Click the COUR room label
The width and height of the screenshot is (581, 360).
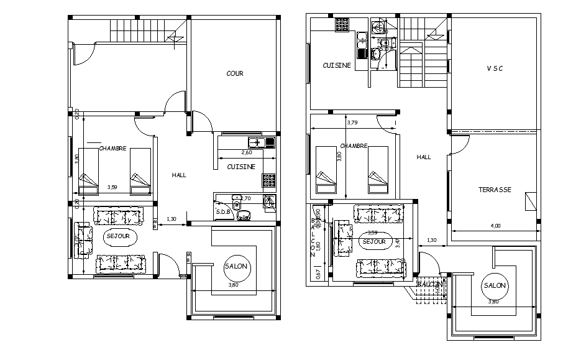tap(235, 73)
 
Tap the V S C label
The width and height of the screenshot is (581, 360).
tap(495, 69)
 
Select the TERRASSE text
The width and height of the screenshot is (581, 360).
tap(495, 190)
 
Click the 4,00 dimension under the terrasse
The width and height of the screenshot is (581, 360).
tap(495, 226)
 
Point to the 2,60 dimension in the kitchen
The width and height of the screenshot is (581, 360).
tap(246, 152)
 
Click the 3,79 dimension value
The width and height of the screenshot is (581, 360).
tap(352, 122)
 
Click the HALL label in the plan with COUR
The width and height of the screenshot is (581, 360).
tap(179, 175)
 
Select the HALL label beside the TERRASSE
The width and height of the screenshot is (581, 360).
tap(424, 157)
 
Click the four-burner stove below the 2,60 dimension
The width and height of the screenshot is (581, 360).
tap(268, 180)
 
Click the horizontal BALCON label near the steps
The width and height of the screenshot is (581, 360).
tap(430, 284)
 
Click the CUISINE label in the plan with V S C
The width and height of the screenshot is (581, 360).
tap(337, 65)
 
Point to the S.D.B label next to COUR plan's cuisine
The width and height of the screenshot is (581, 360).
tap(223, 212)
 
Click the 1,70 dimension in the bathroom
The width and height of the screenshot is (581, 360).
tap(245, 198)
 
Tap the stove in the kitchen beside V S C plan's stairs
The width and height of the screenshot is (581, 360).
tap(341, 25)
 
